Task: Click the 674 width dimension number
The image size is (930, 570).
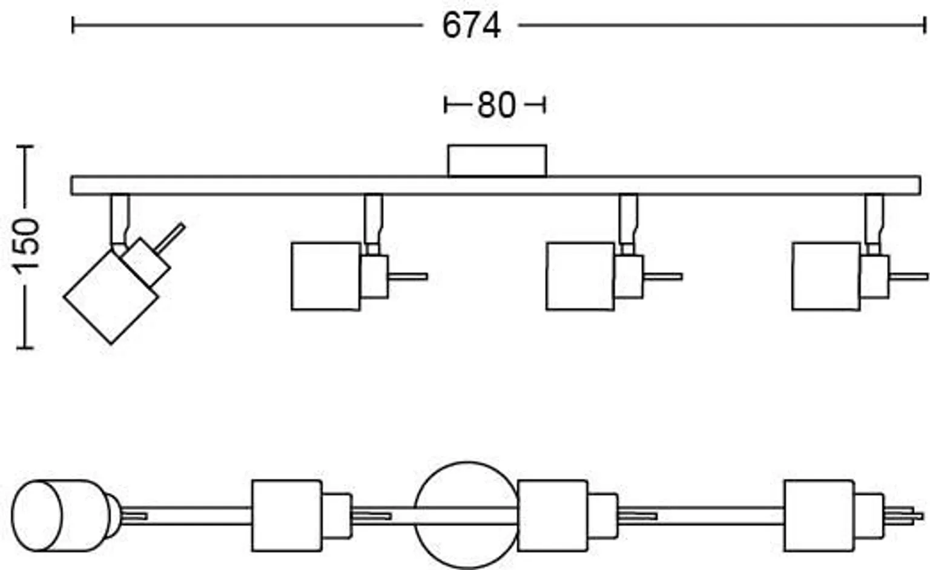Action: click(x=471, y=26)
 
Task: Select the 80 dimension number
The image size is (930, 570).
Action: click(x=496, y=105)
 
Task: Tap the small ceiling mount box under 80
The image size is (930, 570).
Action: click(x=496, y=160)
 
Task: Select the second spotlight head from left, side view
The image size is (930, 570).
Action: click(x=326, y=277)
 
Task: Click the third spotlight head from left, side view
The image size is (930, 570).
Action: click(x=580, y=277)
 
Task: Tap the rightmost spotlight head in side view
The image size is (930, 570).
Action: click(x=826, y=277)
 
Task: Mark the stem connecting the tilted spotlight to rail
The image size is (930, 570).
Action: click(x=120, y=218)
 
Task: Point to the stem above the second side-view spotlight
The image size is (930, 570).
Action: click(x=373, y=218)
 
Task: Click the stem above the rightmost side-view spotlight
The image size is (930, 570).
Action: click(x=874, y=218)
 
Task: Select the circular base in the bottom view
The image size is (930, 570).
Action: click(x=465, y=515)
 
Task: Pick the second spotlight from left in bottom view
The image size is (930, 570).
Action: click(x=286, y=516)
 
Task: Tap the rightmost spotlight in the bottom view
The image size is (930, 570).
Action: click(x=819, y=516)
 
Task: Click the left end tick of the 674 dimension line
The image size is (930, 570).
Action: click(x=73, y=25)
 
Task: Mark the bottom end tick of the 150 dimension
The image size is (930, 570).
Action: click(x=25, y=347)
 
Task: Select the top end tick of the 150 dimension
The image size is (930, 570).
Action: click(x=25, y=146)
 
